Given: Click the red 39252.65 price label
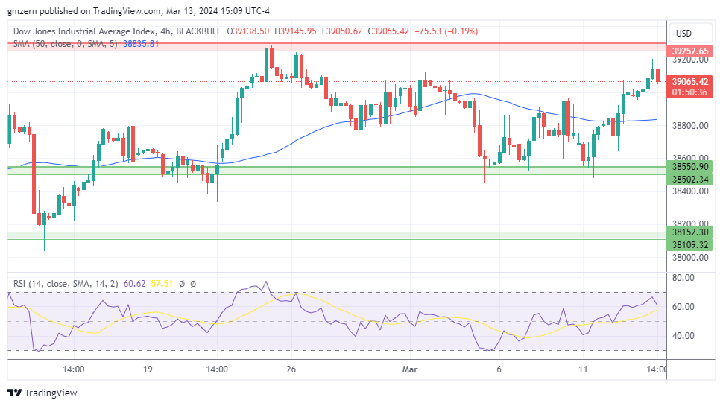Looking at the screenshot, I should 689,51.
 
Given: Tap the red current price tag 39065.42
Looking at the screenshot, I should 689,81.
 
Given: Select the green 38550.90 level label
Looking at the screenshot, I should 689,167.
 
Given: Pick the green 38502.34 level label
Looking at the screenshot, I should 689,179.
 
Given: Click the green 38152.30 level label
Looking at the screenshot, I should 689,232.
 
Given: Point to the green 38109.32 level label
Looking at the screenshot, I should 689,244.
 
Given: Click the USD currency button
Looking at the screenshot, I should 683,33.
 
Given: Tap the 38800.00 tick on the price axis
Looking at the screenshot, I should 689,125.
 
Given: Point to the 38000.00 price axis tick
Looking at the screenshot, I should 689,258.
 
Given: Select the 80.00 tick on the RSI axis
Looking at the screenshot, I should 683,278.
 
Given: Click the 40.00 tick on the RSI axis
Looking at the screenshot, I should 683,336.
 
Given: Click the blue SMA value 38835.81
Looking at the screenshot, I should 141,44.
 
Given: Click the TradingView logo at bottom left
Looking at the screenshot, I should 42,393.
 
